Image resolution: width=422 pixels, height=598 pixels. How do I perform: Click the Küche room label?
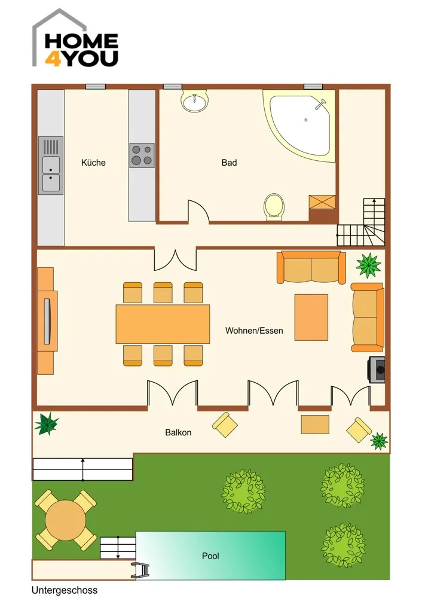pyautogui.click(x=93, y=163)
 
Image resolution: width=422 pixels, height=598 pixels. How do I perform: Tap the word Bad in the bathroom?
pyautogui.click(x=229, y=163)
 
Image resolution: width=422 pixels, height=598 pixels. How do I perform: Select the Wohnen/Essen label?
pyautogui.click(x=254, y=330)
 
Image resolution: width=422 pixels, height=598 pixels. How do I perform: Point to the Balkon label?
pyautogui.click(x=178, y=432)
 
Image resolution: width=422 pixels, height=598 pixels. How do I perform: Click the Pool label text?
pyautogui.click(x=210, y=556)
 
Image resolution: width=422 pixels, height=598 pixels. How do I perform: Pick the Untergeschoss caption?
pyautogui.click(x=65, y=590)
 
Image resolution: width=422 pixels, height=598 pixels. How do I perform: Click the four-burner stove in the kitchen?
pyautogui.click(x=142, y=155)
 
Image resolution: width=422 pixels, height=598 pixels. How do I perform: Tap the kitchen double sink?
pyautogui.click(x=51, y=166)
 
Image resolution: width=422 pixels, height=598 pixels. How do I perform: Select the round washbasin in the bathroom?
pyautogui.click(x=195, y=101)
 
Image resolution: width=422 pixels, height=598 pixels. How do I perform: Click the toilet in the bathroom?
pyautogui.click(x=274, y=207)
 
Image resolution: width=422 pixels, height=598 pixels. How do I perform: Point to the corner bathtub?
pyautogui.click(x=300, y=125)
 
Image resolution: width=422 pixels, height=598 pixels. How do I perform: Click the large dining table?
pyautogui.click(x=163, y=324)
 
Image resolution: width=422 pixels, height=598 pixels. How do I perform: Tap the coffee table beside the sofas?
pyautogui.click(x=311, y=318)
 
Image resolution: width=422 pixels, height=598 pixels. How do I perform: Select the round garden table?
pyautogui.click(x=65, y=520)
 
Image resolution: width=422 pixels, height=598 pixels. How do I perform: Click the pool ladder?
pyautogui.click(x=140, y=570)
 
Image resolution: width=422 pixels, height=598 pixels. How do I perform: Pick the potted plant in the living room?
pyautogui.click(x=369, y=265)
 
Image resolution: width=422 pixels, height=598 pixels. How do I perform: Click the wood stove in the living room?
pyautogui.click(x=376, y=369)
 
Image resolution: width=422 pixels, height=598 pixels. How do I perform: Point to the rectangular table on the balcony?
pyautogui.click(x=315, y=425)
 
